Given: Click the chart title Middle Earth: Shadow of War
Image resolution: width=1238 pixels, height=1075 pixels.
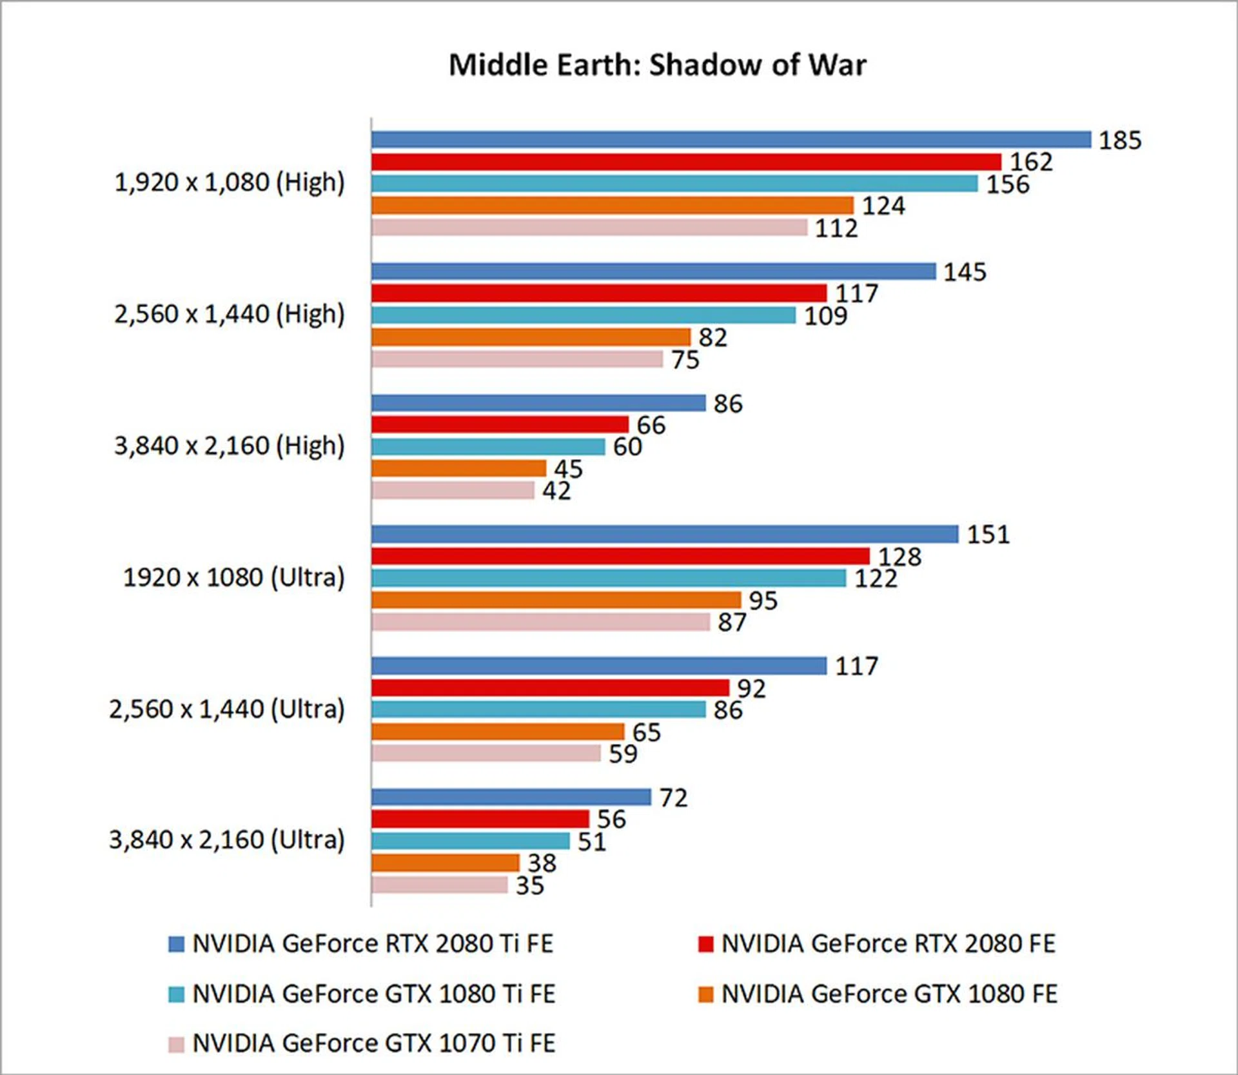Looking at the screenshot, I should coord(657,65).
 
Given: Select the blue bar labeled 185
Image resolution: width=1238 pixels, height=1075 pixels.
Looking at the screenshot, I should coord(731,139).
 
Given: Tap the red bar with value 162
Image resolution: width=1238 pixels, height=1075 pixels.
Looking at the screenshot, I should coord(686,161).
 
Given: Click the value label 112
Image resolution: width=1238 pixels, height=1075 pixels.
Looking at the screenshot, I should coord(836,228).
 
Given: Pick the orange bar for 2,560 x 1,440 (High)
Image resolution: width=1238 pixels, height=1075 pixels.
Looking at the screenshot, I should coord(531,337).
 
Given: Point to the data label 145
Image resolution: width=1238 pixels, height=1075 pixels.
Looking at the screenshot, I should coord(965,272).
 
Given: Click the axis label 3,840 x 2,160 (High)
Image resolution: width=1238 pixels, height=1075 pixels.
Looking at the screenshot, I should coord(230,446).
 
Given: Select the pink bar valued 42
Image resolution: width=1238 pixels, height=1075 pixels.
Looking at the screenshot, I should coord(453,490).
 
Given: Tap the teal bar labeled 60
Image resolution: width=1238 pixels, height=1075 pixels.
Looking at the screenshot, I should coord(488,446).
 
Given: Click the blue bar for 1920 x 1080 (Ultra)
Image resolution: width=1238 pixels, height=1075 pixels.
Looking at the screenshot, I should coord(665,534).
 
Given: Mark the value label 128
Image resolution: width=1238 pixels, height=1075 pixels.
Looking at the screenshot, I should coord(899,557).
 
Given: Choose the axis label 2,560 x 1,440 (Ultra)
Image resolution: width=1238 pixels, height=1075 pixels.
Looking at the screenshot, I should coord(227,709).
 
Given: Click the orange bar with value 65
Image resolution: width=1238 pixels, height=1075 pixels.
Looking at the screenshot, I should coord(498,731).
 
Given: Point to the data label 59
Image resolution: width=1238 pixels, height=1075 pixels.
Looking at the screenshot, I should coord(623,754).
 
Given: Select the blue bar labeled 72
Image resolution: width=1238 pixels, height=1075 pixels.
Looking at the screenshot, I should coord(511,797).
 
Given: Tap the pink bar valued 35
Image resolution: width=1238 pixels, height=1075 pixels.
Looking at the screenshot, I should coord(440,885).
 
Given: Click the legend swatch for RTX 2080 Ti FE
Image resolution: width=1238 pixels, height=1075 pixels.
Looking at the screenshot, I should coord(176,944).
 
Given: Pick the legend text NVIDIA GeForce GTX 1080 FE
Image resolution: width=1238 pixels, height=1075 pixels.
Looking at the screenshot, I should coord(889,994).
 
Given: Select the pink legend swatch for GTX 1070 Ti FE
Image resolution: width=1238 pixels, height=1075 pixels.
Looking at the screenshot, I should coord(176,1044).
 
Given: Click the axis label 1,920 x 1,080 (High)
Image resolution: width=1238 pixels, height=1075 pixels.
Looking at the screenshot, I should coord(230,182).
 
